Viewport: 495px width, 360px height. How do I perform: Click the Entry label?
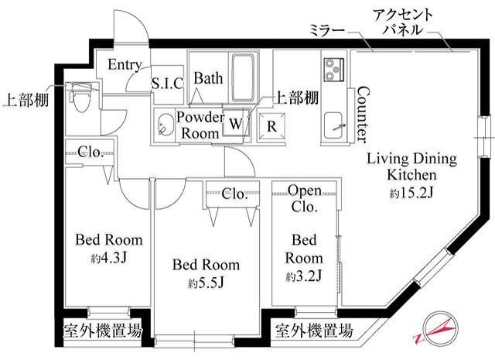124,64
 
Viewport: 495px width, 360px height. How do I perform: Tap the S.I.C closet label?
166,83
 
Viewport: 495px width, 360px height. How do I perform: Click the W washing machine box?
236,123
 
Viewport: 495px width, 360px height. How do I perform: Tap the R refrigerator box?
272,124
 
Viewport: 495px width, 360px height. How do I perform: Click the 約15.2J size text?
411,192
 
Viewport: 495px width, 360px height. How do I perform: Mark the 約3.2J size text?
304,276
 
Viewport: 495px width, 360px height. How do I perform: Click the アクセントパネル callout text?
403,22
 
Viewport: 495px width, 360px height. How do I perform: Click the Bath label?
207,78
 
